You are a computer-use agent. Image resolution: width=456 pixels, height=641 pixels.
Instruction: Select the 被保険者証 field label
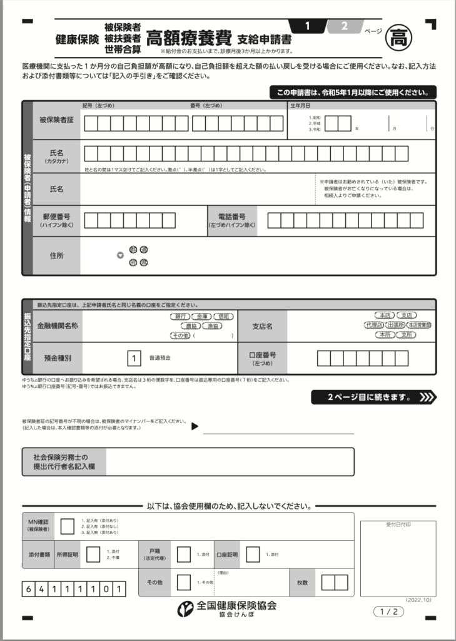click(x=56, y=120)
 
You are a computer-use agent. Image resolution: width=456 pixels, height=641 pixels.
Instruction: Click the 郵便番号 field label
click(x=56, y=220)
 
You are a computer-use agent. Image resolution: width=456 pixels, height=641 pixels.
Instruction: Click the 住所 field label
click(x=56, y=255)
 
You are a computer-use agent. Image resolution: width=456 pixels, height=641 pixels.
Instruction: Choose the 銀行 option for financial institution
click(x=181, y=317)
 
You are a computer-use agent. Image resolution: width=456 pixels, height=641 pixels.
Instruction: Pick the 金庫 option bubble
click(x=202, y=317)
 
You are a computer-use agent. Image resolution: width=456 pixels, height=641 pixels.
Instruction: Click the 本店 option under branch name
click(x=382, y=315)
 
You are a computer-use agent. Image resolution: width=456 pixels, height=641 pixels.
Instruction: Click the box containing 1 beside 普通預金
click(x=133, y=359)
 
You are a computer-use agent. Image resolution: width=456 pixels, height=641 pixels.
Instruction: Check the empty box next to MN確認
click(x=67, y=526)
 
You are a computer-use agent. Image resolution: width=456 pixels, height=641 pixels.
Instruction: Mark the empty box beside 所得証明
click(x=93, y=555)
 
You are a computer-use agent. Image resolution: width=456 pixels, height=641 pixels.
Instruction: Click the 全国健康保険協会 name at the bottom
click(x=236, y=605)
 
